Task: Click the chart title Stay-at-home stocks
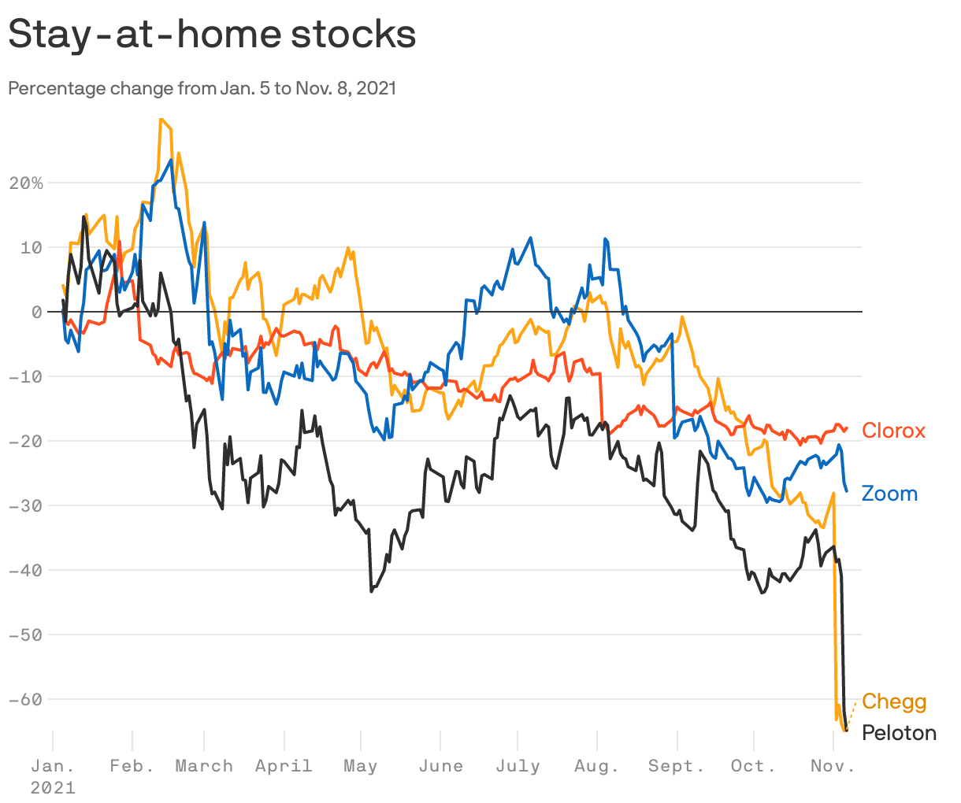click(211, 35)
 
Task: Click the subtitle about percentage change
click(202, 88)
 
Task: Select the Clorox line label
click(893, 431)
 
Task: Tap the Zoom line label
click(889, 494)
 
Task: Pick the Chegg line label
click(894, 701)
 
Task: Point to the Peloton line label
click(899, 733)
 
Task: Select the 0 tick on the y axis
click(36, 312)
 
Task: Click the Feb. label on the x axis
click(132, 766)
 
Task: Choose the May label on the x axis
click(361, 766)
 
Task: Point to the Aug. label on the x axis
click(597, 766)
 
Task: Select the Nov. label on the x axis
click(833, 766)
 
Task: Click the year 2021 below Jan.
click(53, 787)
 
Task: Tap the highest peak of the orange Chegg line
click(161, 120)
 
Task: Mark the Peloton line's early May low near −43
click(371, 590)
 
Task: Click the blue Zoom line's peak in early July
click(530, 238)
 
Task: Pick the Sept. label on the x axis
click(676, 766)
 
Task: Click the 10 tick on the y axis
click(32, 247)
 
